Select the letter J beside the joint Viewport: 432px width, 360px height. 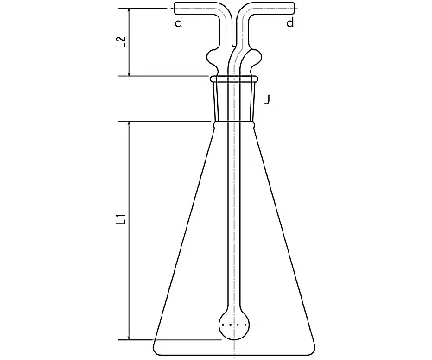[x=268, y=100]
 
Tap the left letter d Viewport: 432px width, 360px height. [x=179, y=22]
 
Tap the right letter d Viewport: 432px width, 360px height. [x=290, y=22]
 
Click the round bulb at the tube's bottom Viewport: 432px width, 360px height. [x=234, y=325]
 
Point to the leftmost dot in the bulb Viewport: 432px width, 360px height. [x=223, y=325]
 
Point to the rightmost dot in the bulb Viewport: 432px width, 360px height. [x=245, y=325]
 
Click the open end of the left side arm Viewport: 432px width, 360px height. [x=175, y=8]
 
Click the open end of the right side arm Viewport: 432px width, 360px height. [x=294, y=8]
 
